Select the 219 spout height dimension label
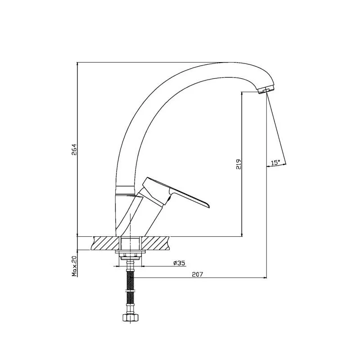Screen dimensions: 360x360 point(238,164)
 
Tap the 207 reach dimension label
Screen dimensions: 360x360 point(198,274)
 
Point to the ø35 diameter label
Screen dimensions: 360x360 point(179,263)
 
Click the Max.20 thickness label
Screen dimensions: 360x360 point(74,266)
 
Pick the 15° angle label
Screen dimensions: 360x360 point(275,162)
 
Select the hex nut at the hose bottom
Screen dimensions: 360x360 point(130,318)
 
